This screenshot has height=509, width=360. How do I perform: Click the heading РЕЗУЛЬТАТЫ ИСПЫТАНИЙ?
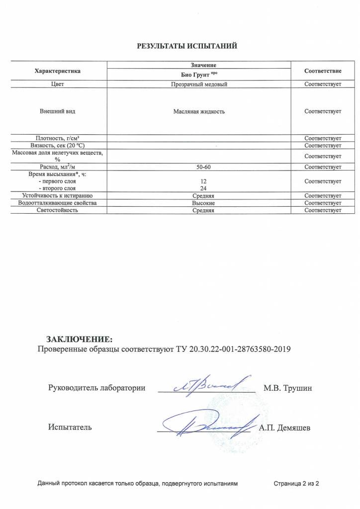[x=187, y=46]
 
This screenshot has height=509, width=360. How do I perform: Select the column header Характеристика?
[x=57, y=71]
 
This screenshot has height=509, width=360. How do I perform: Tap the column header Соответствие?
[x=323, y=71]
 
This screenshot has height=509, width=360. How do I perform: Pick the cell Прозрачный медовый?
[x=199, y=85]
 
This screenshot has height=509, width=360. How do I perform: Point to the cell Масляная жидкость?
[x=199, y=111]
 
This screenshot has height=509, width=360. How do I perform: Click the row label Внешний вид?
[x=57, y=111]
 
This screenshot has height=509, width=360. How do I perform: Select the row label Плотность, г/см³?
[x=57, y=138]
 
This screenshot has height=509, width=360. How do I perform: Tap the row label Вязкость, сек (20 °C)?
[x=57, y=145]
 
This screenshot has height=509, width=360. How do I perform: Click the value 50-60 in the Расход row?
[x=199, y=167]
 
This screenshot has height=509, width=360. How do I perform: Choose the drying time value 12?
[x=199, y=182]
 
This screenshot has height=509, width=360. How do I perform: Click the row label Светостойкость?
[x=57, y=210]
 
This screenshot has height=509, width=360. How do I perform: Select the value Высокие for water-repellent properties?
[x=199, y=203]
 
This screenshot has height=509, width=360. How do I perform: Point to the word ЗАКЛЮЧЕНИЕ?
[x=80, y=339]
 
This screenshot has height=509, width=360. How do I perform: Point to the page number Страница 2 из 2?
[x=296, y=484]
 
